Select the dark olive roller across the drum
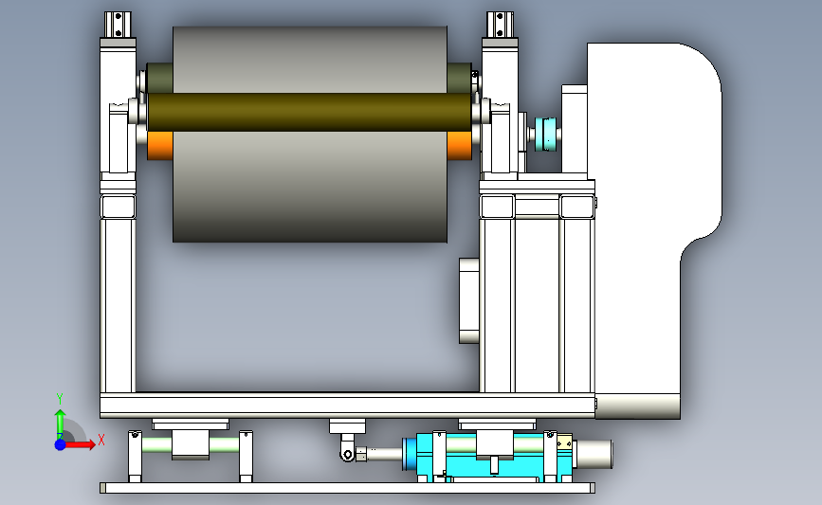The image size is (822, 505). coord(309,112)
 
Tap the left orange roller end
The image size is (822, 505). coord(160,145)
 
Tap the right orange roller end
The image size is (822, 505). coord(459,145)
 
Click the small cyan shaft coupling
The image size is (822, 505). coord(545,135)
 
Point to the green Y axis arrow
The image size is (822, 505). coord(60,424)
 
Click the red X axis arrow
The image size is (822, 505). coord(79,444)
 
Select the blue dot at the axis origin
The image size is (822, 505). coord(60,444)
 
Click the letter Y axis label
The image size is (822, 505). coord(60,399)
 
